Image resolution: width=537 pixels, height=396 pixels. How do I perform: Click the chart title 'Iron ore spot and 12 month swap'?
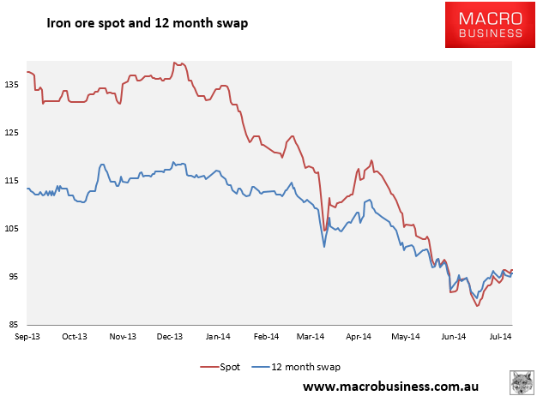(x=147, y=24)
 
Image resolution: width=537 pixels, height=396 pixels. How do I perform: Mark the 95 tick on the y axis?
(x=17, y=277)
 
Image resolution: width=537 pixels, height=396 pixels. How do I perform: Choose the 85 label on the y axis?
(x=17, y=325)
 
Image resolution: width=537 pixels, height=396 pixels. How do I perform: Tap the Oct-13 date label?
(x=75, y=338)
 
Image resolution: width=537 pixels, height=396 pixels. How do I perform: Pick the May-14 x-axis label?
(x=407, y=338)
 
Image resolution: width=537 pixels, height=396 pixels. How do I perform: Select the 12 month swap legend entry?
(x=297, y=367)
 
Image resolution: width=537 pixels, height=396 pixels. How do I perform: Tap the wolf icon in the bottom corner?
(x=521, y=382)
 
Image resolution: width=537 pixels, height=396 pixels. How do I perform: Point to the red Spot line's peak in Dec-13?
(x=175, y=63)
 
